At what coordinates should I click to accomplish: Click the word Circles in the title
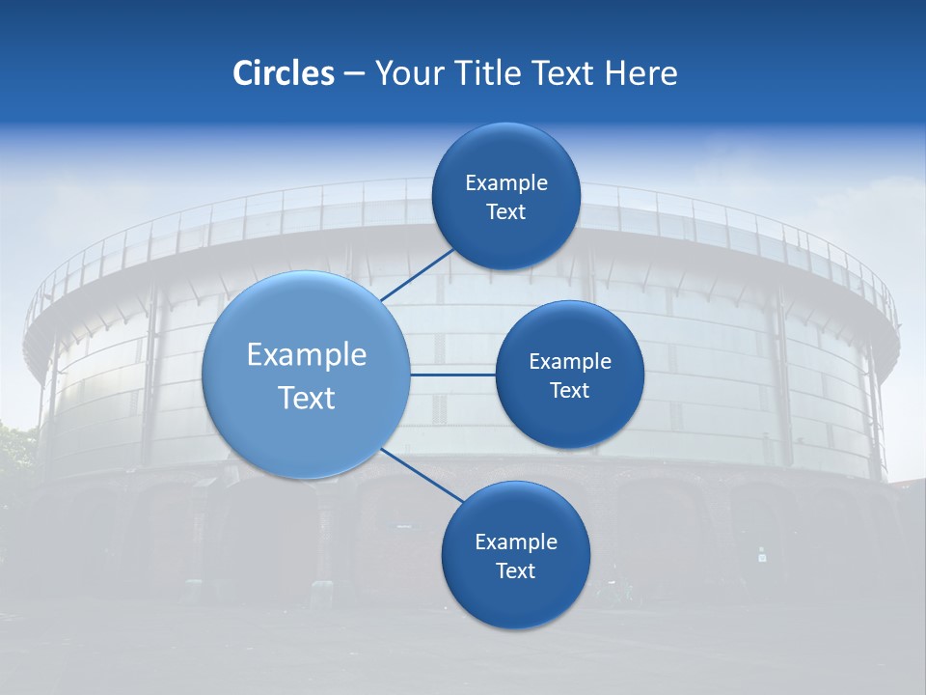click(x=283, y=73)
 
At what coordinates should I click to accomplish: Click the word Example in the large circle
click(x=307, y=355)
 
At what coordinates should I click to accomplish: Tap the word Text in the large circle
click(x=307, y=398)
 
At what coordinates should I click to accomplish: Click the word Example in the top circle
click(x=506, y=182)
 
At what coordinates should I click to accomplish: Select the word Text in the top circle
click(x=505, y=211)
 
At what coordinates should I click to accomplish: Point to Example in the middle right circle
click(x=570, y=361)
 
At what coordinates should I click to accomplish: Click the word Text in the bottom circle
click(x=515, y=570)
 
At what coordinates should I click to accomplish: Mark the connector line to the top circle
click(x=419, y=275)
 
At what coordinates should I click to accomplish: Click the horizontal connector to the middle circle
click(x=452, y=374)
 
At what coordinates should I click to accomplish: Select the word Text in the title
click(x=563, y=73)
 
